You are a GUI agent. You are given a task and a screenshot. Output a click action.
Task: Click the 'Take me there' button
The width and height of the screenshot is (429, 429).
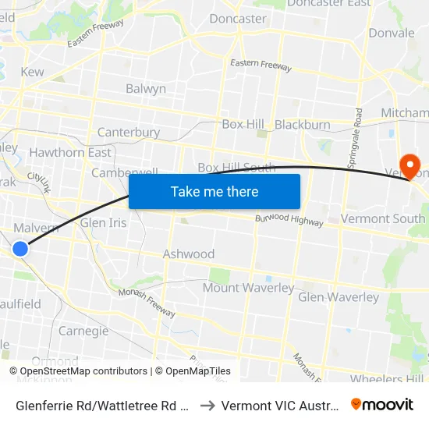coord(214,191)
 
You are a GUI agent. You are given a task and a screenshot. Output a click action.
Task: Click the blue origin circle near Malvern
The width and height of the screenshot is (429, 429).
coord(20,248)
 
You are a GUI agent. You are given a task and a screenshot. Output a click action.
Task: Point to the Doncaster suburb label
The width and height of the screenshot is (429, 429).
coord(237,19)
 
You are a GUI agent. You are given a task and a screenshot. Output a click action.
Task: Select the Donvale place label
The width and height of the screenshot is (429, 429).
coord(392,34)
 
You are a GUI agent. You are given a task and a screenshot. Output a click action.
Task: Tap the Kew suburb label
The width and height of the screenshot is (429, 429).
coord(33,72)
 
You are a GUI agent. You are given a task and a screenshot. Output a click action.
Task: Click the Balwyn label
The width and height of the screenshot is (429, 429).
coord(146,89)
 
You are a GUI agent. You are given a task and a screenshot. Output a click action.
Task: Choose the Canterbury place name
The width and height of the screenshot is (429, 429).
coord(129,133)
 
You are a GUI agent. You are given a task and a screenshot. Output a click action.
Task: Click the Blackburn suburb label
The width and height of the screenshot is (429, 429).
coord(303,125)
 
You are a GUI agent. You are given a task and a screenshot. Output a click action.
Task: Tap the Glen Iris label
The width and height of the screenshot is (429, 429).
coord(103,223)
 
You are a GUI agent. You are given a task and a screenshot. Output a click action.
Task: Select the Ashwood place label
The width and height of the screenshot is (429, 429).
coord(189,254)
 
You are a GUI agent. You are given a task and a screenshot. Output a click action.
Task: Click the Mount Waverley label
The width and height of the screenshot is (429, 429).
coord(248,288)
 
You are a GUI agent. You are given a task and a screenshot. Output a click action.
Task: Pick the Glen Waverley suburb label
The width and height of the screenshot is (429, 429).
coord(339,297)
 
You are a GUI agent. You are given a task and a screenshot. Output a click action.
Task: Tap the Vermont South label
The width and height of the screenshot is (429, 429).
coord(383,218)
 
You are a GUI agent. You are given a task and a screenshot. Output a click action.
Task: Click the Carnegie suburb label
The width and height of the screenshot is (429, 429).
coord(83,331)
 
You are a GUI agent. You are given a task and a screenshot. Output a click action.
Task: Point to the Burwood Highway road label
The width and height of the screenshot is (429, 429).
coord(289,220)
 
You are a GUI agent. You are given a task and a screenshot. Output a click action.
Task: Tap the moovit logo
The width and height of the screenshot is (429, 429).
coord(382,405)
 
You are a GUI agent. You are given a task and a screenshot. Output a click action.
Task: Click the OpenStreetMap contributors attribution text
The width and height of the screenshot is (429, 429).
coord(78,371)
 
